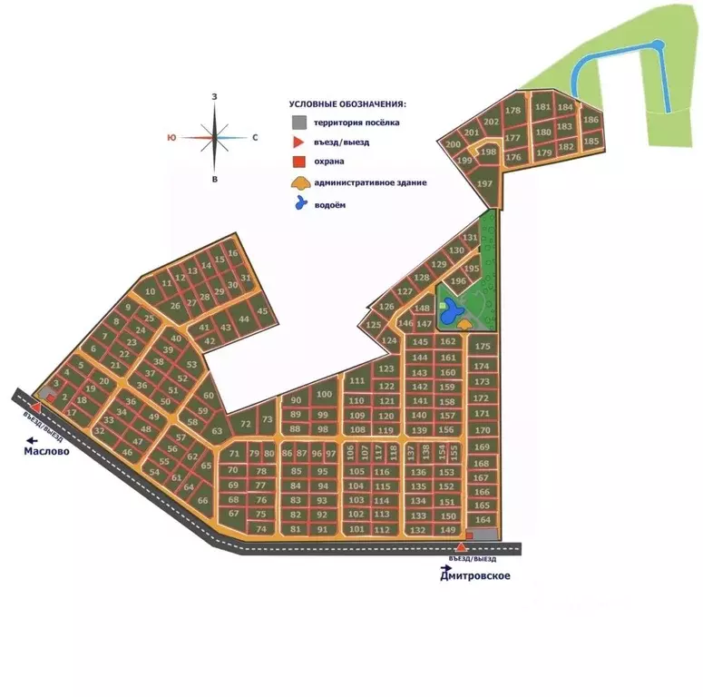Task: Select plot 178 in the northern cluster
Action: [513, 111]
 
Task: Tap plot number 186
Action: [591, 120]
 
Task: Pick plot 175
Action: [483, 347]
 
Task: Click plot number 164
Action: [483, 520]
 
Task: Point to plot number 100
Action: [325, 394]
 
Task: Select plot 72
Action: [245, 424]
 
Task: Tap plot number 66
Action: [202, 501]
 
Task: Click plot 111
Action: [357, 380]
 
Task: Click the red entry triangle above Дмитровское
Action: [461, 547]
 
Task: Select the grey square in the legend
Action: [298, 123]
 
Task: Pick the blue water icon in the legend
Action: [298, 204]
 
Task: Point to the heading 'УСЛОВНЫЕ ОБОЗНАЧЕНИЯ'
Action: [347, 104]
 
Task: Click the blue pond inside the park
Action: [449, 313]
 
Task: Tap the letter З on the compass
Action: [214, 96]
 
